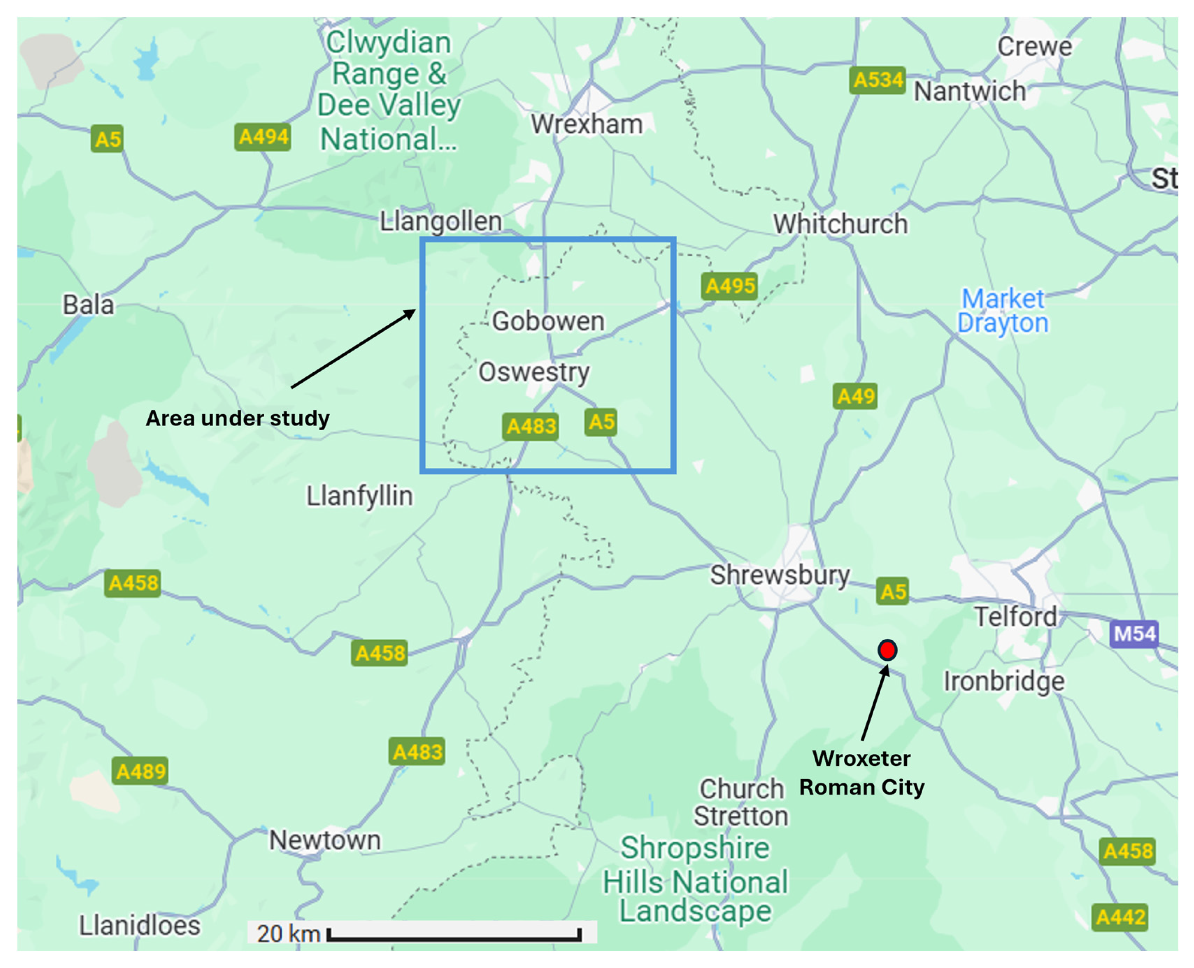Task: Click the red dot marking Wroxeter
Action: coord(887,650)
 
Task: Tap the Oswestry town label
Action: coord(534,372)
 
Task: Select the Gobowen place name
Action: coord(548,321)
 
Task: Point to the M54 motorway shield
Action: coord(1134,634)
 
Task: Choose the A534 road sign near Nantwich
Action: coord(877,80)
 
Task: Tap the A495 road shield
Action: coord(729,286)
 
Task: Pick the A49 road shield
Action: coord(855,396)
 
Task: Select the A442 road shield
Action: coord(1120,917)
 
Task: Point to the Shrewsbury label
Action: coord(780,575)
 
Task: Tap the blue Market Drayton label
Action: coord(1003,311)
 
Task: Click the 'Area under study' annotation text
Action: coord(237,418)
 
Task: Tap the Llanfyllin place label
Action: coord(360,496)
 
